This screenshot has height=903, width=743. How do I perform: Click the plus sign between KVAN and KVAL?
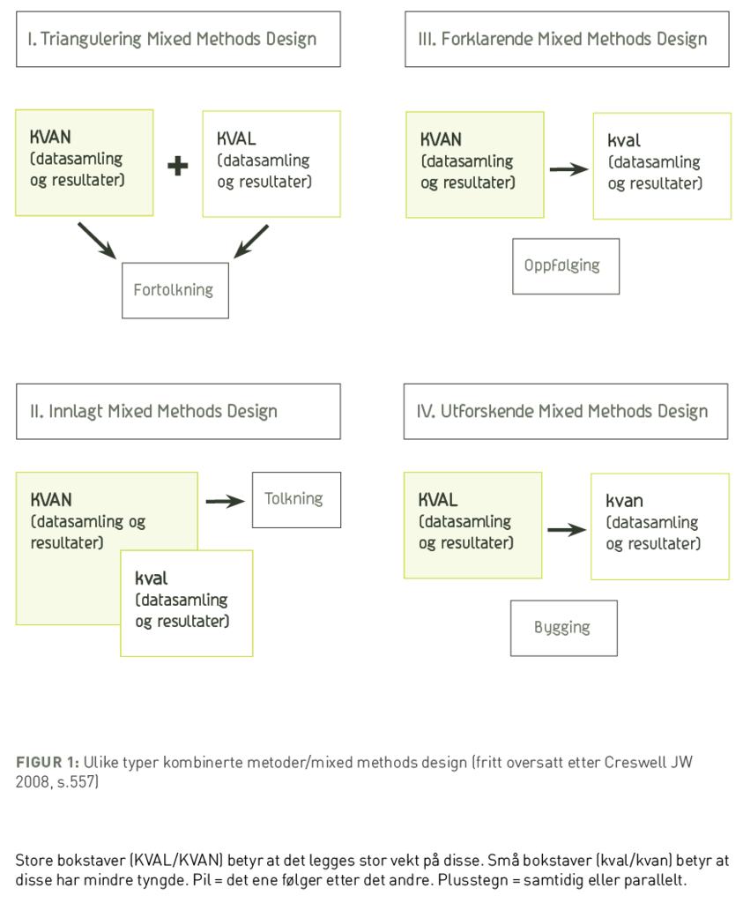pyautogui.click(x=178, y=166)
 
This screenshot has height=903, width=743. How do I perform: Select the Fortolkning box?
pyautogui.click(x=175, y=290)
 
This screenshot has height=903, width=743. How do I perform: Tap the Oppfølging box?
pyautogui.click(x=565, y=265)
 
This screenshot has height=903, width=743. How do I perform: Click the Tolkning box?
pyautogui.click(x=295, y=499)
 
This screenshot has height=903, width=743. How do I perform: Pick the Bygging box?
pyautogui.click(x=563, y=628)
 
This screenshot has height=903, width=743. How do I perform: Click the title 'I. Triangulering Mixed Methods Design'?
pyautogui.click(x=173, y=39)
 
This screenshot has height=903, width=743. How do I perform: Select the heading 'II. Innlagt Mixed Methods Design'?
pyautogui.click(x=154, y=411)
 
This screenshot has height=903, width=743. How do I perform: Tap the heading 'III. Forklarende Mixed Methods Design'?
pyautogui.click(x=562, y=39)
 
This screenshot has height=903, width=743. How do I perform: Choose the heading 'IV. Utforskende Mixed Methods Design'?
pyautogui.click(x=562, y=411)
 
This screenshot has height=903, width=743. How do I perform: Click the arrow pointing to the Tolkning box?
pyautogui.click(x=224, y=501)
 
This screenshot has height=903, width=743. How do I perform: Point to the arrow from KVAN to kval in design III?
pyautogui.click(x=568, y=169)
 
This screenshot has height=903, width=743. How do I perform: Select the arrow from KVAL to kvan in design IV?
pyautogui.click(x=566, y=530)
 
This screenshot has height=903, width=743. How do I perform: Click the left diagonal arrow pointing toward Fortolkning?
pyautogui.click(x=97, y=241)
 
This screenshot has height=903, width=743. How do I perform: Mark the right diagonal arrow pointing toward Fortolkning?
pyautogui.click(x=251, y=242)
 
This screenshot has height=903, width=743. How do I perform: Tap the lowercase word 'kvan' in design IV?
pyautogui.click(x=624, y=501)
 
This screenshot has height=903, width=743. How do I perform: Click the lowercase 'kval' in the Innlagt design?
pyautogui.click(x=152, y=579)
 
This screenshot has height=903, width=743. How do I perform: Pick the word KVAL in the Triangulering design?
pyautogui.click(x=236, y=139)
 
